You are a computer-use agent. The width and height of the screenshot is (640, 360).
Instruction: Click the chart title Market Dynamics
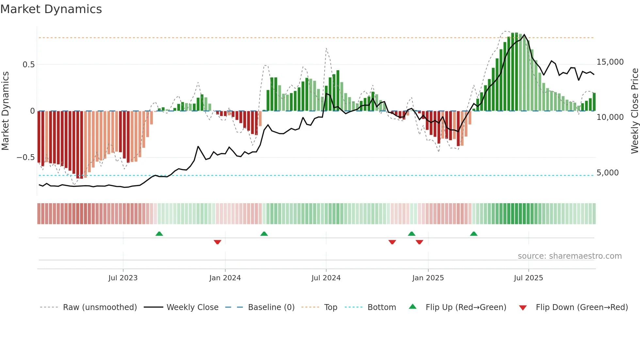click(x=51, y=9)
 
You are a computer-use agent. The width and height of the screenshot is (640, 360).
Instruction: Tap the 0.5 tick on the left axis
click(x=28, y=65)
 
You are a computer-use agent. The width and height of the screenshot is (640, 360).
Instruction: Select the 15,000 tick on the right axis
click(x=610, y=62)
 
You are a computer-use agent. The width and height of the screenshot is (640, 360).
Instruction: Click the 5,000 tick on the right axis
click(x=607, y=173)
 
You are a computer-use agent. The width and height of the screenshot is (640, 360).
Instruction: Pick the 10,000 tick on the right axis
click(x=610, y=117)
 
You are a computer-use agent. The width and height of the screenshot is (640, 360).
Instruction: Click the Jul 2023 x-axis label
click(x=123, y=278)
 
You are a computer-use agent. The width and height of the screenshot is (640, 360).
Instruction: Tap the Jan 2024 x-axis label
click(x=225, y=278)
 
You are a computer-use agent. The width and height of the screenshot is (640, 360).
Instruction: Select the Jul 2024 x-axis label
click(x=326, y=278)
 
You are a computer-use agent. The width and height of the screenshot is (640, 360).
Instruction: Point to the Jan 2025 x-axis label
click(x=428, y=278)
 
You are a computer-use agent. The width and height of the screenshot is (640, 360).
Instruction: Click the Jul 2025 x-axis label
click(x=528, y=278)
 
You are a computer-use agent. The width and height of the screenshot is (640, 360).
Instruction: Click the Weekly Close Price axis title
click(x=634, y=111)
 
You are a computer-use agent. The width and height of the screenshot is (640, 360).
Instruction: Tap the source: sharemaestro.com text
click(x=569, y=256)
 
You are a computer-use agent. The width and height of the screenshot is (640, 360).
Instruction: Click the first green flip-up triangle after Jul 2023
click(x=159, y=234)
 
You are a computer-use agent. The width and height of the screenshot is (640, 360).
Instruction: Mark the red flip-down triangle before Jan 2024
click(x=217, y=242)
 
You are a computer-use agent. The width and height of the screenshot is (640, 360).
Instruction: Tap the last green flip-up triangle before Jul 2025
click(x=473, y=234)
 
